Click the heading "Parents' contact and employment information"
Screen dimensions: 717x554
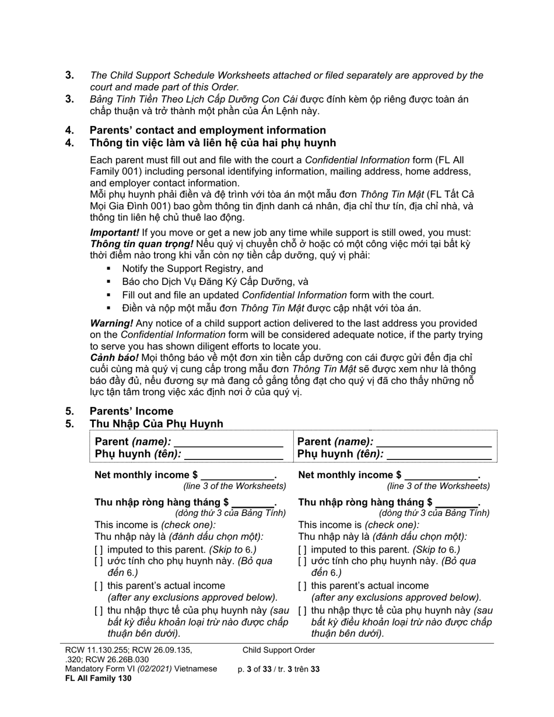point(207,130)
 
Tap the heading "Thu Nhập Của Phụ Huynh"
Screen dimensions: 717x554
point(156,424)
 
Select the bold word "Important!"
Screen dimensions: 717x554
point(114,233)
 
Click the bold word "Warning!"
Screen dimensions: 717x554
point(111,323)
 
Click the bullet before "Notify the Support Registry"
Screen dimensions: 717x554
point(108,269)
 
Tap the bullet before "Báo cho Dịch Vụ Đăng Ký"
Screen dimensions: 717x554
point(108,282)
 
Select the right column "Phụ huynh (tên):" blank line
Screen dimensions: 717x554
point(439,455)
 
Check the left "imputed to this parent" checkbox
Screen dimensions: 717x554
point(99,550)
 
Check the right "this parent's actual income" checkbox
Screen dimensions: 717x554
point(302,586)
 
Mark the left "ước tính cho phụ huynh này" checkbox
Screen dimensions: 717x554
point(99,561)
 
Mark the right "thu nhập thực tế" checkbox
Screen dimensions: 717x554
point(302,611)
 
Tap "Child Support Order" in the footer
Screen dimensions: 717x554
point(279,650)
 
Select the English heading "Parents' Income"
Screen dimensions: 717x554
point(131,411)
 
